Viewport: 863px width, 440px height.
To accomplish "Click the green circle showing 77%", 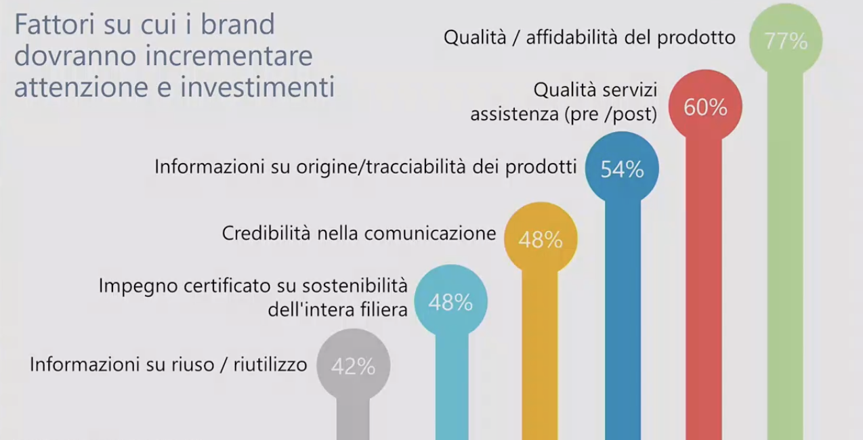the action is coord(786,39).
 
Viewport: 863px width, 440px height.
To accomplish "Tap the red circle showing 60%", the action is coord(705,106).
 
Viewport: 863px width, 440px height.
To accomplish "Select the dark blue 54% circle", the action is coord(622,168).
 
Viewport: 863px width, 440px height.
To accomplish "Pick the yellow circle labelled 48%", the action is coord(541,238).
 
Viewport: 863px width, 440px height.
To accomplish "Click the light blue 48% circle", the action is coord(450,301).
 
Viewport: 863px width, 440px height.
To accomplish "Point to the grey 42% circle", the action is coord(354,365).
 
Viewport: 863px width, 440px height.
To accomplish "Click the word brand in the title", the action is coord(238,24).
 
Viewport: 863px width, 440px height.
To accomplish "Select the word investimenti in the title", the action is coord(257,87).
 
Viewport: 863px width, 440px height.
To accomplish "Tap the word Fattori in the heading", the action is coord(55,24).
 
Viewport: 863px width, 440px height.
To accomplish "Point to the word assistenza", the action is coord(514,114).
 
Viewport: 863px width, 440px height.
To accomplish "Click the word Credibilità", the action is coord(266,234).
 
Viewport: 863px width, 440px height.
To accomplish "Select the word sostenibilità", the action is coord(355,286).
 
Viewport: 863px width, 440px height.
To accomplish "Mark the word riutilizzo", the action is coord(270,365).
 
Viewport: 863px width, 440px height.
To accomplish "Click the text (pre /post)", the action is coord(610,114).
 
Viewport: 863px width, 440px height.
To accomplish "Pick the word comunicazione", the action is coord(430,234).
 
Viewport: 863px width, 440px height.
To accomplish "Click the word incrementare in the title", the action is coord(229,56).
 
